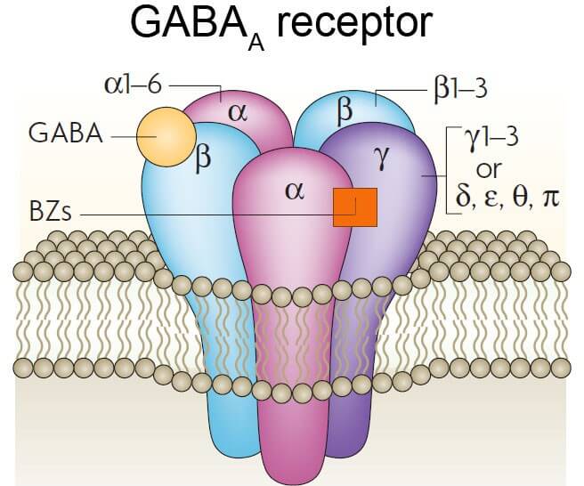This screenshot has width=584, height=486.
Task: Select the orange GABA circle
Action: click(165, 136)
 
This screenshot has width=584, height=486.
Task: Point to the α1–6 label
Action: click(132, 85)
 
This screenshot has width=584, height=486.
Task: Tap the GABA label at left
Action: click(65, 136)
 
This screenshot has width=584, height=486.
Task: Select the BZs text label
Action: click(50, 215)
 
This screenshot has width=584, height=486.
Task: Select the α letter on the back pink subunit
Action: click(237, 112)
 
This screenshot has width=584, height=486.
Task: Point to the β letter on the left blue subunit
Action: click(204, 160)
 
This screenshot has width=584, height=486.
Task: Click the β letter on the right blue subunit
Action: click(346, 112)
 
